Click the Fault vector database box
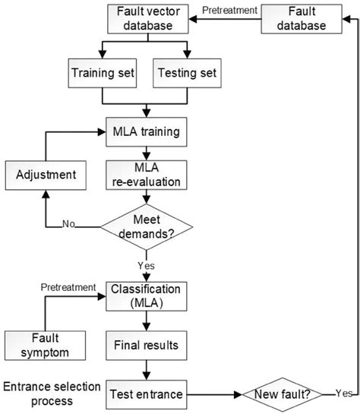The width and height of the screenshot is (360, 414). (149, 19)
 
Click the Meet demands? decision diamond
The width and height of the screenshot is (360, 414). (146, 226)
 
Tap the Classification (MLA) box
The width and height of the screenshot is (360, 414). (145, 297)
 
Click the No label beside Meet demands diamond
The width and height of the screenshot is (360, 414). (69, 225)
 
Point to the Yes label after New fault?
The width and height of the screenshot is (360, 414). (343, 393)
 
